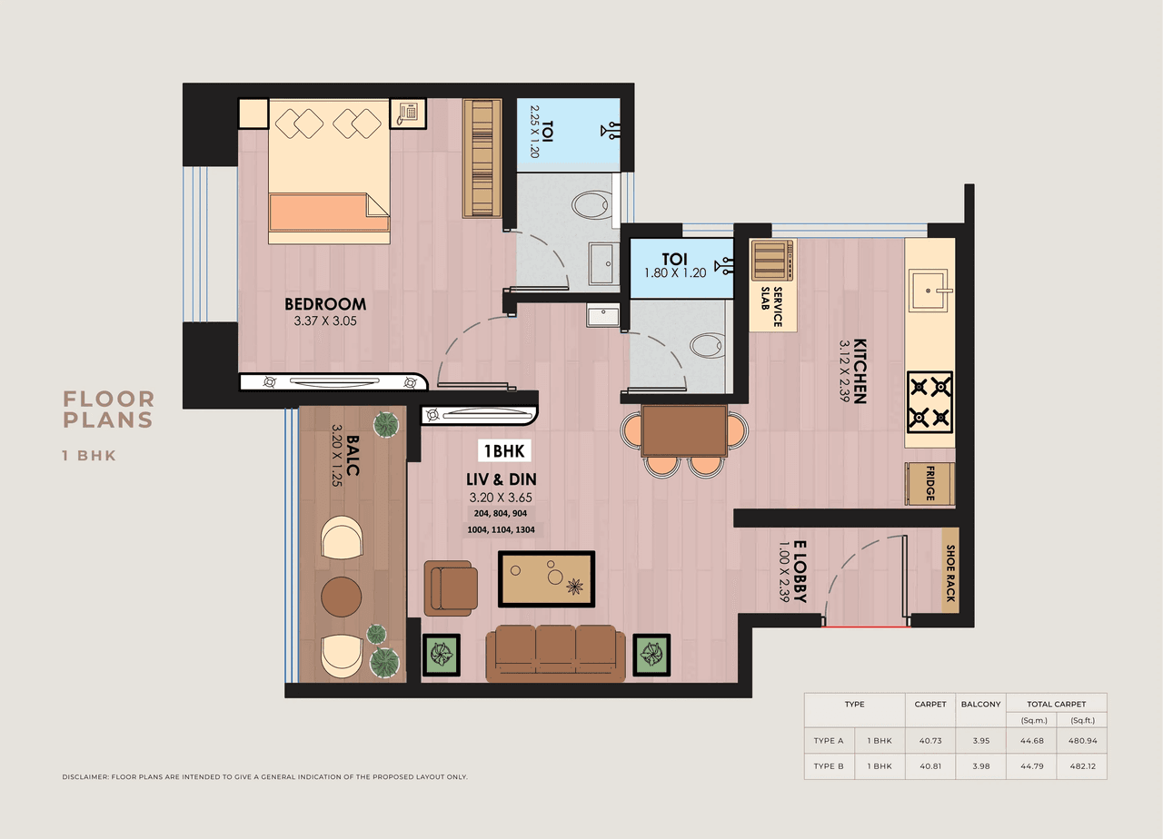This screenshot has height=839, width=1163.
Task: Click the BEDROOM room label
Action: click(325, 304)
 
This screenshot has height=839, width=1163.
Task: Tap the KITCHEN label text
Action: click(860, 371)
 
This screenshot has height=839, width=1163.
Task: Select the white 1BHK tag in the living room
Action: click(504, 450)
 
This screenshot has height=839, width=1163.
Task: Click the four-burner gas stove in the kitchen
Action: click(929, 401)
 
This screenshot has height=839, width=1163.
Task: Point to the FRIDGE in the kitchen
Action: click(929, 484)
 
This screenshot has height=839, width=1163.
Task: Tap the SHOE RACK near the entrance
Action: click(950, 573)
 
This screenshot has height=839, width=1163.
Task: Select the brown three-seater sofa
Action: click(555, 652)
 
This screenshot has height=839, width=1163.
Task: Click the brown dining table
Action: click(684, 430)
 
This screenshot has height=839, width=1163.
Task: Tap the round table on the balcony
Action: click(342, 597)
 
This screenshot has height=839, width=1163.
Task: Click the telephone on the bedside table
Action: click(407, 113)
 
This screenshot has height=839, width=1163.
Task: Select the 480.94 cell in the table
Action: click(1081, 740)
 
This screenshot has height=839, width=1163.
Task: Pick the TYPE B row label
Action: click(829, 766)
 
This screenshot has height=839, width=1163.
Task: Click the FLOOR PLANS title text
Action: click(108, 410)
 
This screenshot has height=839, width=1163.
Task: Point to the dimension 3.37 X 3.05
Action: click(325, 321)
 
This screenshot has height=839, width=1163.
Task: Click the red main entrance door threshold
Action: click(866, 627)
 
